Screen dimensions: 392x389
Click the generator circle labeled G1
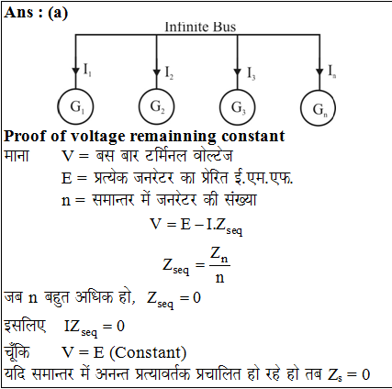pos(59,107)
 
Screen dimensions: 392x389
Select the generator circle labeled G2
pos(140,107)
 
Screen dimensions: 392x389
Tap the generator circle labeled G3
pos(220,107)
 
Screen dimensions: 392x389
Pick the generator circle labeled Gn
pos(301,108)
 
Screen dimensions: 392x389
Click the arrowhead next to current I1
pos(75,71)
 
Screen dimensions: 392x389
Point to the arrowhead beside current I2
pos(156,72)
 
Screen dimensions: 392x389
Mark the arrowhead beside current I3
pos(237,72)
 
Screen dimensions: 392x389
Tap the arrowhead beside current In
pos(319,72)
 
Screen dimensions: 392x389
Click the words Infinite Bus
pos(200,27)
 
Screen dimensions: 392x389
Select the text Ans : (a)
pos(36,13)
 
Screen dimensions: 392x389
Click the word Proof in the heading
pos(25,137)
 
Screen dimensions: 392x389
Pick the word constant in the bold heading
pos(253,137)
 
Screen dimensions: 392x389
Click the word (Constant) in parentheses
pos(148,352)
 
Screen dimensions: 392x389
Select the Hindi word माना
pos(17,156)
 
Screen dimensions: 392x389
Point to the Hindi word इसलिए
pos(25,326)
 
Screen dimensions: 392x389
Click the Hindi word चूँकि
pos(17,351)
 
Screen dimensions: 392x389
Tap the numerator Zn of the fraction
pos(219,254)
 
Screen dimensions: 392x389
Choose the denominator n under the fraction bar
pos(219,278)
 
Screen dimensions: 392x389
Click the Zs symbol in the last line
pos(334,375)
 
